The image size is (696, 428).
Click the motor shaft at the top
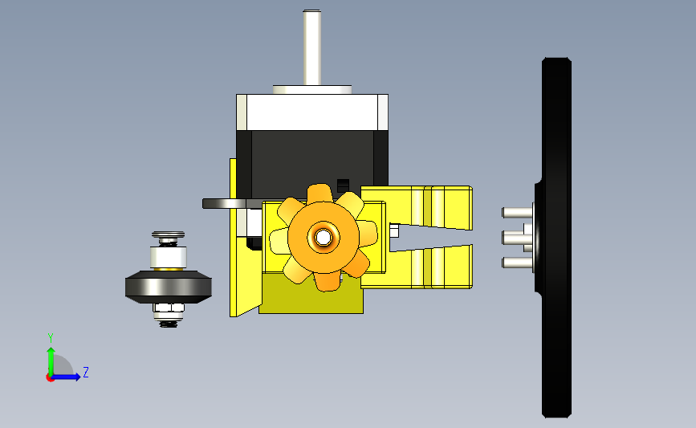point(312,47)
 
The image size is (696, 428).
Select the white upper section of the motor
point(312,112)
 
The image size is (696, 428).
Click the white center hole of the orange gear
point(324,238)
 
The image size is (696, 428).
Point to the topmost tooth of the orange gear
point(320,194)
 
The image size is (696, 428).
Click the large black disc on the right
point(556,238)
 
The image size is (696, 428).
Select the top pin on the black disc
point(518,213)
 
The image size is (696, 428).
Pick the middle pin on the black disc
point(518,238)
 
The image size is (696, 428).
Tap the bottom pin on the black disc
point(518,263)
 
